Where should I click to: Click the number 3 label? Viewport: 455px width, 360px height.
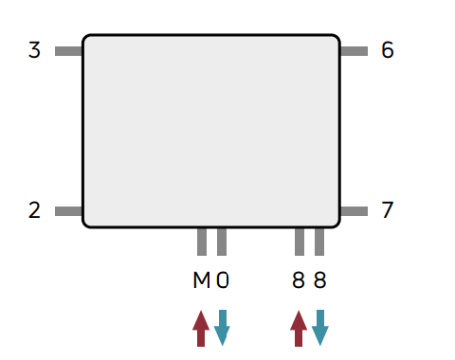coord(34,50)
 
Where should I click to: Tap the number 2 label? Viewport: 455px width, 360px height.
coord(34,210)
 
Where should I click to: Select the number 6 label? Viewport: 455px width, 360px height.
coord(388,50)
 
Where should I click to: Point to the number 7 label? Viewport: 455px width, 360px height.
coord(388,210)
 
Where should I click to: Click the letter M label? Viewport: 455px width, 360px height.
coord(201,280)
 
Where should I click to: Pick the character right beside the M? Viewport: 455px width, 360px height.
coord(223,280)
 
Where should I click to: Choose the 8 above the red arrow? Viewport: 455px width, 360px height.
coord(299,280)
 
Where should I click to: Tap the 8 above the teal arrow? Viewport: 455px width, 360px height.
coord(319,280)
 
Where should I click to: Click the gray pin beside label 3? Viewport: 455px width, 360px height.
coord(68,51)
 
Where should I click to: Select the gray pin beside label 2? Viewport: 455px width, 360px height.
coord(68,211)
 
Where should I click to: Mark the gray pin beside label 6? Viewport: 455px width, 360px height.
coord(354,51)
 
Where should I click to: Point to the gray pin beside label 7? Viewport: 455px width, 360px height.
coord(354,211)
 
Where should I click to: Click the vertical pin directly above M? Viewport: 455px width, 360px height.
coord(202,242)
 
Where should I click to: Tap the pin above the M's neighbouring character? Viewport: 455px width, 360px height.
coord(222,242)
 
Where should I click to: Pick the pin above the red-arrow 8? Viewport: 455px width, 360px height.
coord(300,242)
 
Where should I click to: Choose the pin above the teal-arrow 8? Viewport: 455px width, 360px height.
coord(319,242)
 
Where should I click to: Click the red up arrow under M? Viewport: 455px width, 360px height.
coord(201,329)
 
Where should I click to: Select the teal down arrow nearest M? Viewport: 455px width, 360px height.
coord(222,328)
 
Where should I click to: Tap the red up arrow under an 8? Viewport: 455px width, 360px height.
coord(299,329)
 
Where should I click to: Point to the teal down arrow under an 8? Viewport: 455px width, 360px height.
coord(320,328)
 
